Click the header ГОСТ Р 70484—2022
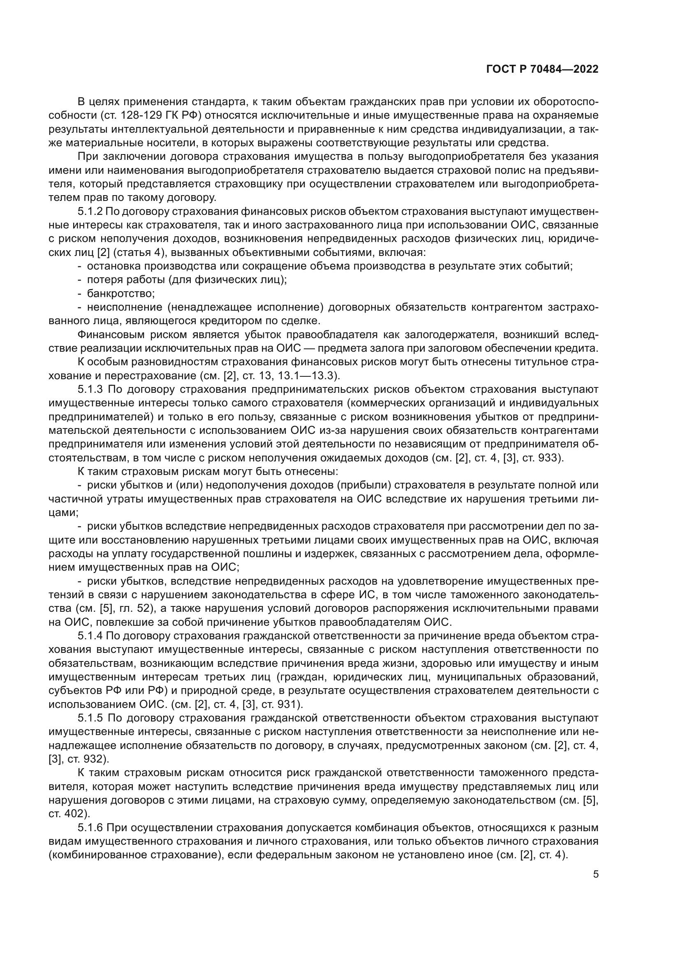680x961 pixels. [x=542, y=69]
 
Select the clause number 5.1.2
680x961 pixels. [x=91, y=212]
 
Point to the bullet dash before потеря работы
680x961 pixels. [x=80, y=280]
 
